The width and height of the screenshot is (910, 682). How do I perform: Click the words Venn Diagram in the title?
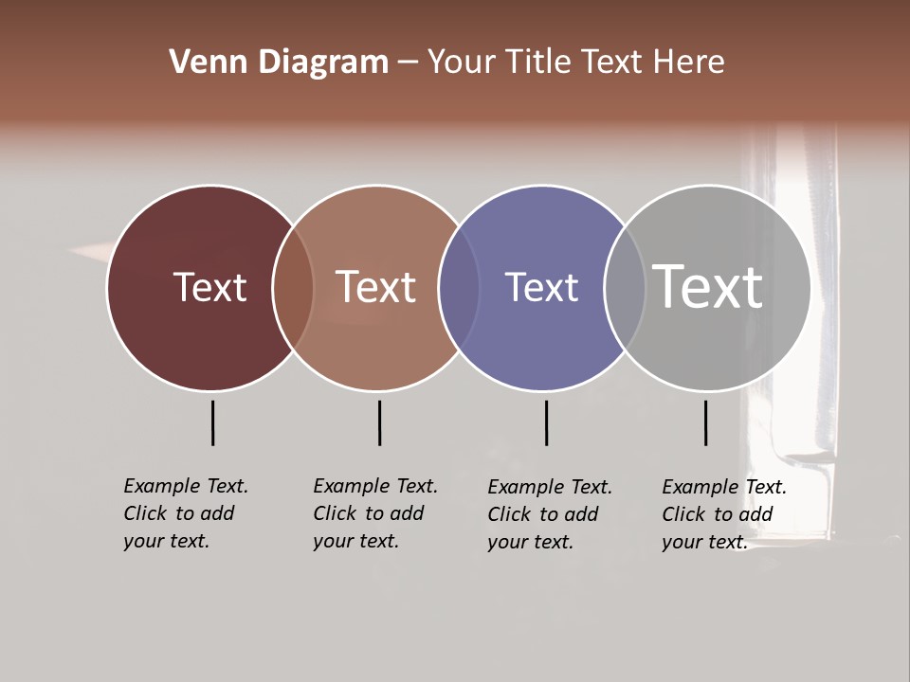pyautogui.click(x=279, y=63)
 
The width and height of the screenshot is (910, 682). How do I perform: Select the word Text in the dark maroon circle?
pyautogui.click(x=209, y=287)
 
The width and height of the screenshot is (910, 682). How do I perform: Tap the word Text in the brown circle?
pyautogui.click(x=376, y=287)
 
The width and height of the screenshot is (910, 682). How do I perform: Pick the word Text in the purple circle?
pyautogui.click(x=541, y=287)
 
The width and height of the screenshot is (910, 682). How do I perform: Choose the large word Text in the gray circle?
pyautogui.click(x=708, y=286)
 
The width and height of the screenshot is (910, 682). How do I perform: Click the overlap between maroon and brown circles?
pyautogui.click(x=293, y=287)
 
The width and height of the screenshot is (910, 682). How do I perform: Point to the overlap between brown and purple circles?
pyautogui.click(x=459, y=287)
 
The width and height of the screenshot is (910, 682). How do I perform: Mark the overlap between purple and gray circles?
pyautogui.click(x=625, y=287)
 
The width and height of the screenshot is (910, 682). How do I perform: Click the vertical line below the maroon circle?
pyautogui.click(x=212, y=422)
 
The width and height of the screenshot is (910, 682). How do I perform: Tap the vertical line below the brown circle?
pyautogui.click(x=379, y=422)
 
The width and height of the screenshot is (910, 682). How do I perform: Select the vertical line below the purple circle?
pyautogui.click(x=546, y=422)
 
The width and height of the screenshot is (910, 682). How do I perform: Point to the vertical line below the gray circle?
pyautogui.click(x=705, y=422)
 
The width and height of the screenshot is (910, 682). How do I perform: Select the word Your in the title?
pyautogui.click(x=462, y=63)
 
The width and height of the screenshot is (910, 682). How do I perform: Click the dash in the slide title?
pyautogui.click(x=407, y=63)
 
